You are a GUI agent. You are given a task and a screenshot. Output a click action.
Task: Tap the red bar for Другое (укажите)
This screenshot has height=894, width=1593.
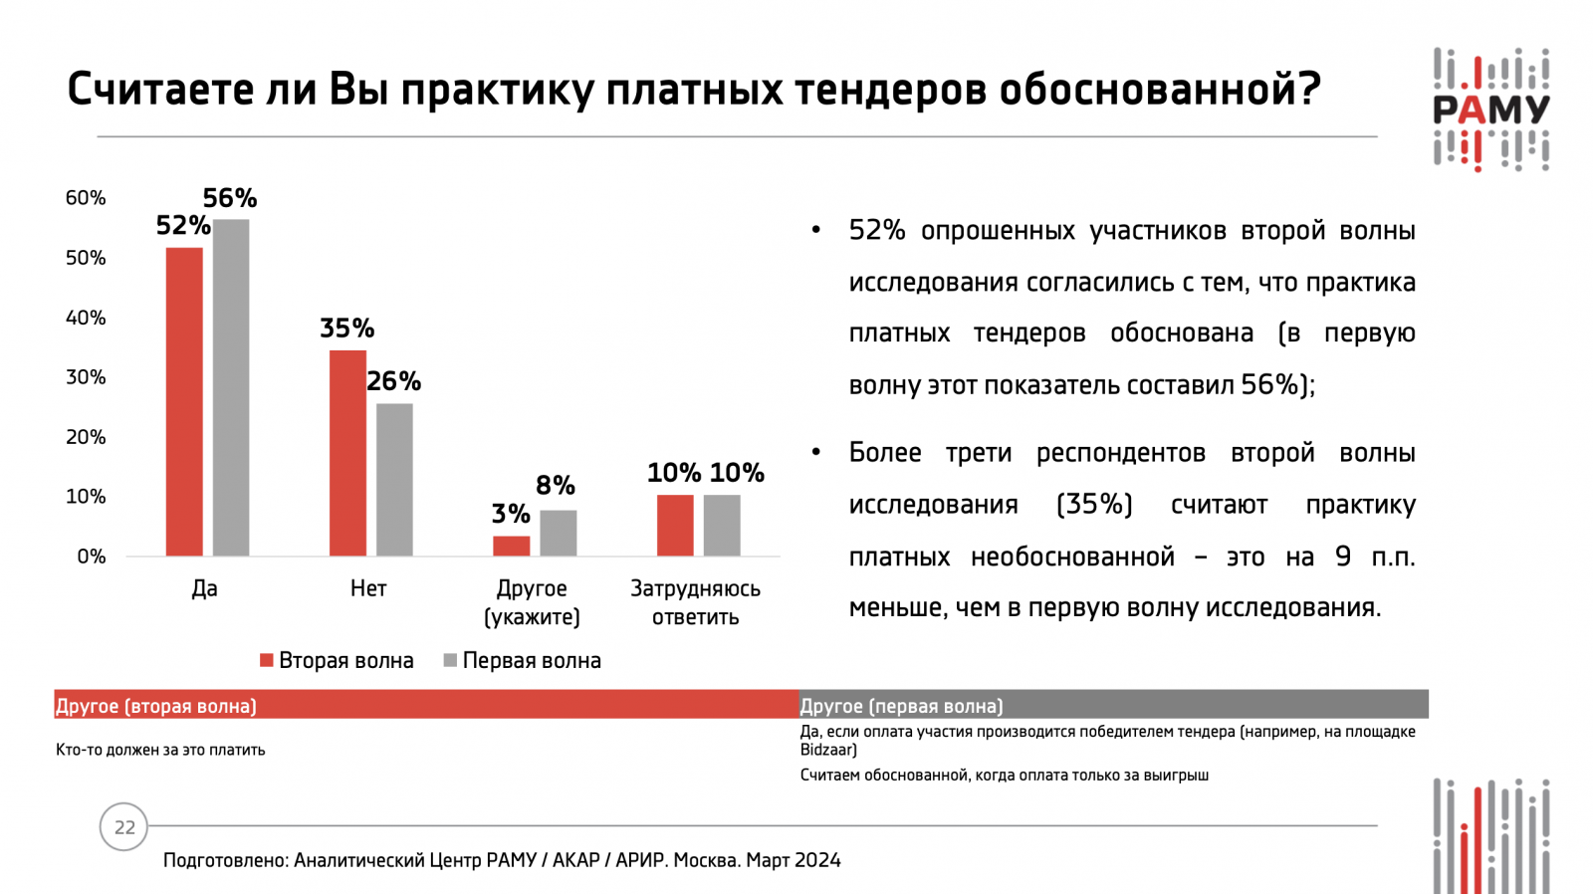click(x=512, y=546)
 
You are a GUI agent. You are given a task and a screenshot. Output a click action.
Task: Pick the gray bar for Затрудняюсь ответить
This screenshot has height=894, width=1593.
click(x=722, y=525)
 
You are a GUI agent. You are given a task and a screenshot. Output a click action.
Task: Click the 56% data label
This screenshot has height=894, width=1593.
click(x=230, y=198)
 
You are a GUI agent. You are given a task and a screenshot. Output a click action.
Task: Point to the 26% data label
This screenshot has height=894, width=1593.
click(x=393, y=381)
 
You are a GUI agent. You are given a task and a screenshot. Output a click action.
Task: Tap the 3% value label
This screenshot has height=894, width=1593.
click(x=511, y=514)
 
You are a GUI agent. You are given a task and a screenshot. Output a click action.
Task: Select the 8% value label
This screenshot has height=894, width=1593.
click(x=556, y=485)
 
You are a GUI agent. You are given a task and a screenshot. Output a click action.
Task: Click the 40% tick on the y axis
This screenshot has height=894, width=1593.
click(x=86, y=318)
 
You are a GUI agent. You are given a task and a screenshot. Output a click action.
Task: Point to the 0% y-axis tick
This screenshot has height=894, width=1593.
click(x=91, y=557)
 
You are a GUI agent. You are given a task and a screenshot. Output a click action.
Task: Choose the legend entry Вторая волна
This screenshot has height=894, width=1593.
click(x=337, y=661)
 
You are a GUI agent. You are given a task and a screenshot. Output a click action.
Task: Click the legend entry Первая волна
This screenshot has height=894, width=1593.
click(x=523, y=661)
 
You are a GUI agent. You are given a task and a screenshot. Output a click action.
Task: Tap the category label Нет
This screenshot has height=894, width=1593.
click(x=368, y=588)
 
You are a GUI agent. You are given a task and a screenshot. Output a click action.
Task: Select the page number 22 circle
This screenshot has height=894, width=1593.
click(x=124, y=827)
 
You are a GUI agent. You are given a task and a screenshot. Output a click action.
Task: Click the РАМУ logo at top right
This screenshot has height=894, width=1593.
click(x=1490, y=110)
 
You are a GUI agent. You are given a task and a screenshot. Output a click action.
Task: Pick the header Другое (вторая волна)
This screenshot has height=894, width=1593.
click(x=156, y=706)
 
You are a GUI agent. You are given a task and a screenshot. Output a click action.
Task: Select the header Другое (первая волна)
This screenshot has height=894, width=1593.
click(x=902, y=706)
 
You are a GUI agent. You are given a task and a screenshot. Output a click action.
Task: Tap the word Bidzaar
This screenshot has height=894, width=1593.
click(x=828, y=750)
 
